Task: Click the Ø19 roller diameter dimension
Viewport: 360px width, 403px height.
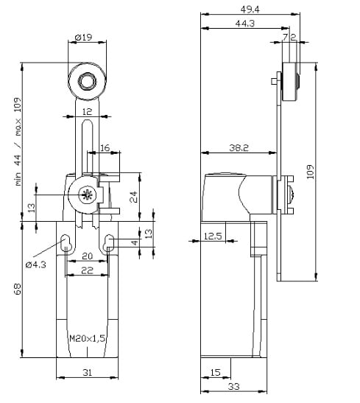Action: [x=83, y=38]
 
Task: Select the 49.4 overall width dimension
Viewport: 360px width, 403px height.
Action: [x=250, y=10]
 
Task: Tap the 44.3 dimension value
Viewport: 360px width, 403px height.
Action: [x=245, y=24]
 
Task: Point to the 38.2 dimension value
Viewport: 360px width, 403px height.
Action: [x=239, y=148]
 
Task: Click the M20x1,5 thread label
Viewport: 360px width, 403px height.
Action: [x=88, y=338]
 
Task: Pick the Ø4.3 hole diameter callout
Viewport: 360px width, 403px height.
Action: [x=36, y=264]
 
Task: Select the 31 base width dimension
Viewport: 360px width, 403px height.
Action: [x=88, y=372]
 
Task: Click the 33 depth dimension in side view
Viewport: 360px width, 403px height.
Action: [x=234, y=386]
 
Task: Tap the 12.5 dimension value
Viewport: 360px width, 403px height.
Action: [x=213, y=236]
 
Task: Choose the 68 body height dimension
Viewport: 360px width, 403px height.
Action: [x=18, y=289]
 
